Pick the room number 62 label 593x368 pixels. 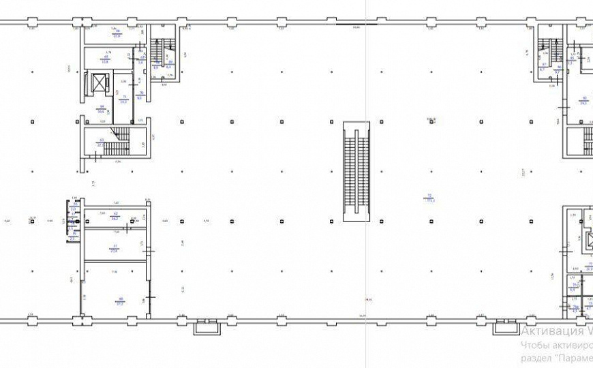pos(116,213)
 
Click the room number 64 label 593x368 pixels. pos(101,106)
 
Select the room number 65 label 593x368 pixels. pos(106,56)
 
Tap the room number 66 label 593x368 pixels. pos(117,31)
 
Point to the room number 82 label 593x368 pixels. pos(584,97)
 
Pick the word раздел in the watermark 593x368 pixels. pos(535,359)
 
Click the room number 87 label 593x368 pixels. pos(544,64)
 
